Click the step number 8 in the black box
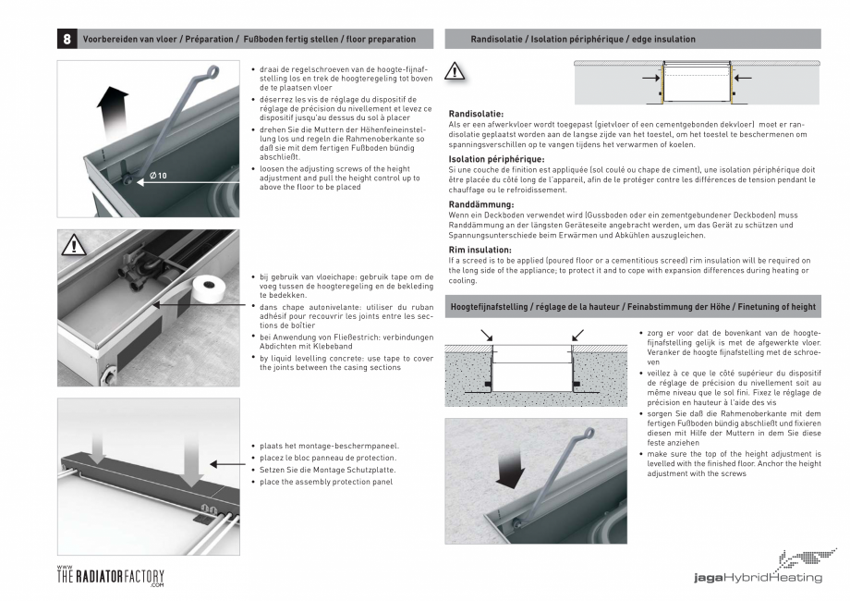[67, 40]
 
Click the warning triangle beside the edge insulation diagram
[456, 72]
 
